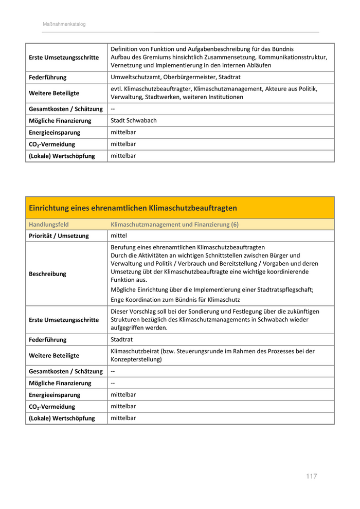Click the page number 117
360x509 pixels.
pos(311,476)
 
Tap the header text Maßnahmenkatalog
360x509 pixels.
pos(64,24)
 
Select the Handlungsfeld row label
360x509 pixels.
pos(49,225)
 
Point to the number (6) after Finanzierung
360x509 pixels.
pos(235,225)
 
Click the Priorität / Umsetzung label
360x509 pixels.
pos(59,236)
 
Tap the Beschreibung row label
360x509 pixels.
pos(47,274)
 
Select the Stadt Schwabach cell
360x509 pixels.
pos(134,121)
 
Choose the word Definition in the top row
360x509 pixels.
pos(125,49)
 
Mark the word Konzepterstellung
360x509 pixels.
pos(135,359)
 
